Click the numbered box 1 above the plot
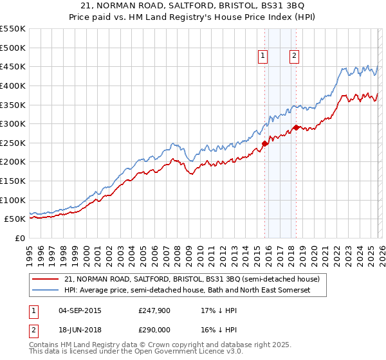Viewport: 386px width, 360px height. (263, 57)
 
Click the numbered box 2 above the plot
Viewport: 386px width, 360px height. (294, 57)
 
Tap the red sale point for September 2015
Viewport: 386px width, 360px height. (265, 143)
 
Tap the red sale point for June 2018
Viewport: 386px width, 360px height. (296, 127)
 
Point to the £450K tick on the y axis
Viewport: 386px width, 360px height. (13, 66)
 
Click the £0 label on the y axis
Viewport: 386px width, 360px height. (19, 238)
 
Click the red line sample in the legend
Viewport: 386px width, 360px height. (46, 280)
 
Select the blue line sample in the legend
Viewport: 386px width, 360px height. (46, 291)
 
